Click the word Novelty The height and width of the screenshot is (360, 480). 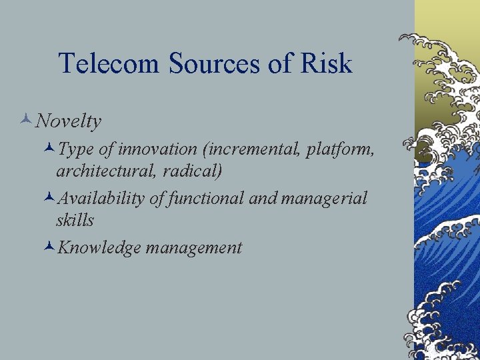tap(69, 121)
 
